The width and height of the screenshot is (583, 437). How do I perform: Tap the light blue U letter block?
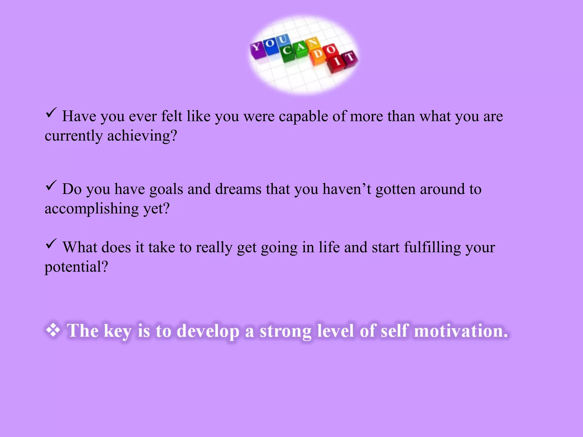(x=282, y=41)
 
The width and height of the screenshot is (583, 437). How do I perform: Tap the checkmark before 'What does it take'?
(x=51, y=244)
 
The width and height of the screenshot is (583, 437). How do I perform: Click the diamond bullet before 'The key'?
(x=53, y=331)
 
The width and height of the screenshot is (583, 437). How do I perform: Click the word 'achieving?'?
(x=142, y=136)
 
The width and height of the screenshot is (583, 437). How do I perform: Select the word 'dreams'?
(x=238, y=189)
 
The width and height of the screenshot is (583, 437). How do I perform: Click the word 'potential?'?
(x=76, y=267)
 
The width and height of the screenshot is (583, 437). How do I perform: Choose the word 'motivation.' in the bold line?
(x=461, y=331)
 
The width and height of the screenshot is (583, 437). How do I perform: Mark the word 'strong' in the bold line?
(x=286, y=331)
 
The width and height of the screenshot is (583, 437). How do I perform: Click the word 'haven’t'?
(x=347, y=189)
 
